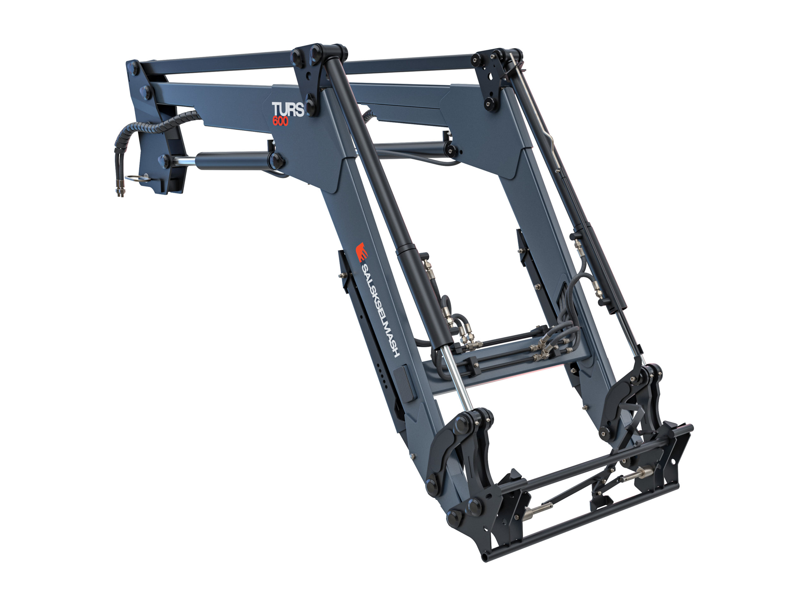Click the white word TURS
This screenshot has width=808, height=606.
(288, 110)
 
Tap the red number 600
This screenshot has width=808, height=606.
(280, 121)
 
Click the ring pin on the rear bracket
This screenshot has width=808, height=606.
(137, 179)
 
